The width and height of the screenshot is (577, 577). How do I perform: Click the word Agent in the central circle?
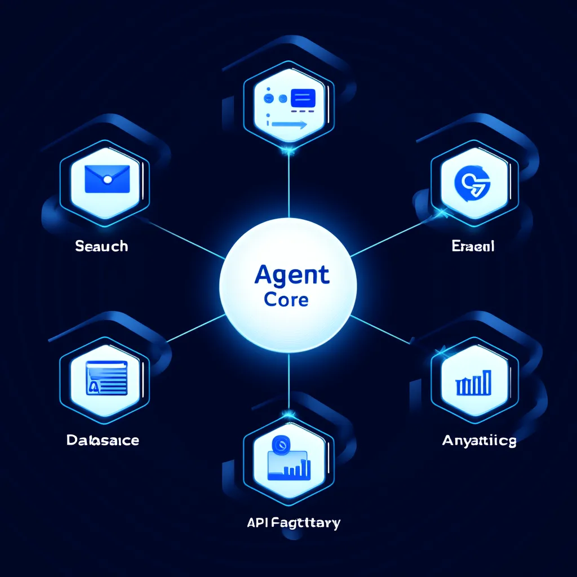pyautogui.click(x=291, y=274)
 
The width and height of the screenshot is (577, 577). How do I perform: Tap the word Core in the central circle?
pyautogui.click(x=286, y=299)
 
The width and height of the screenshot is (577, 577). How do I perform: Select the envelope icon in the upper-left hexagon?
pyautogui.click(x=106, y=179)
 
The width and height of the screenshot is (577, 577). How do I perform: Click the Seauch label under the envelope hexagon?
pyautogui.click(x=101, y=246)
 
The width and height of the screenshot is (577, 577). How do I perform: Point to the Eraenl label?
pyautogui.click(x=473, y=246)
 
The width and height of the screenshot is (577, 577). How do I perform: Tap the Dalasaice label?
pyautogui.click(x=103, y=440)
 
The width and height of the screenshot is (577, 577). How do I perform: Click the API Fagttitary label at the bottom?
pyautogui.click(x=293, y=523)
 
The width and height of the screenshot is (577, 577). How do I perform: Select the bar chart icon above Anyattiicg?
pyautogui.click(x=474, y=383)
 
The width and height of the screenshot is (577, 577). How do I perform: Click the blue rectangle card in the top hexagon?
pyautogui.click(x=303, y=99)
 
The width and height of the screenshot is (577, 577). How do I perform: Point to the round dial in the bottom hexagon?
pyautogui.click(x=280, y=445)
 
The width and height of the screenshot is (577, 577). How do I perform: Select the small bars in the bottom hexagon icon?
pyautogui.click(x=298, y=468)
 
